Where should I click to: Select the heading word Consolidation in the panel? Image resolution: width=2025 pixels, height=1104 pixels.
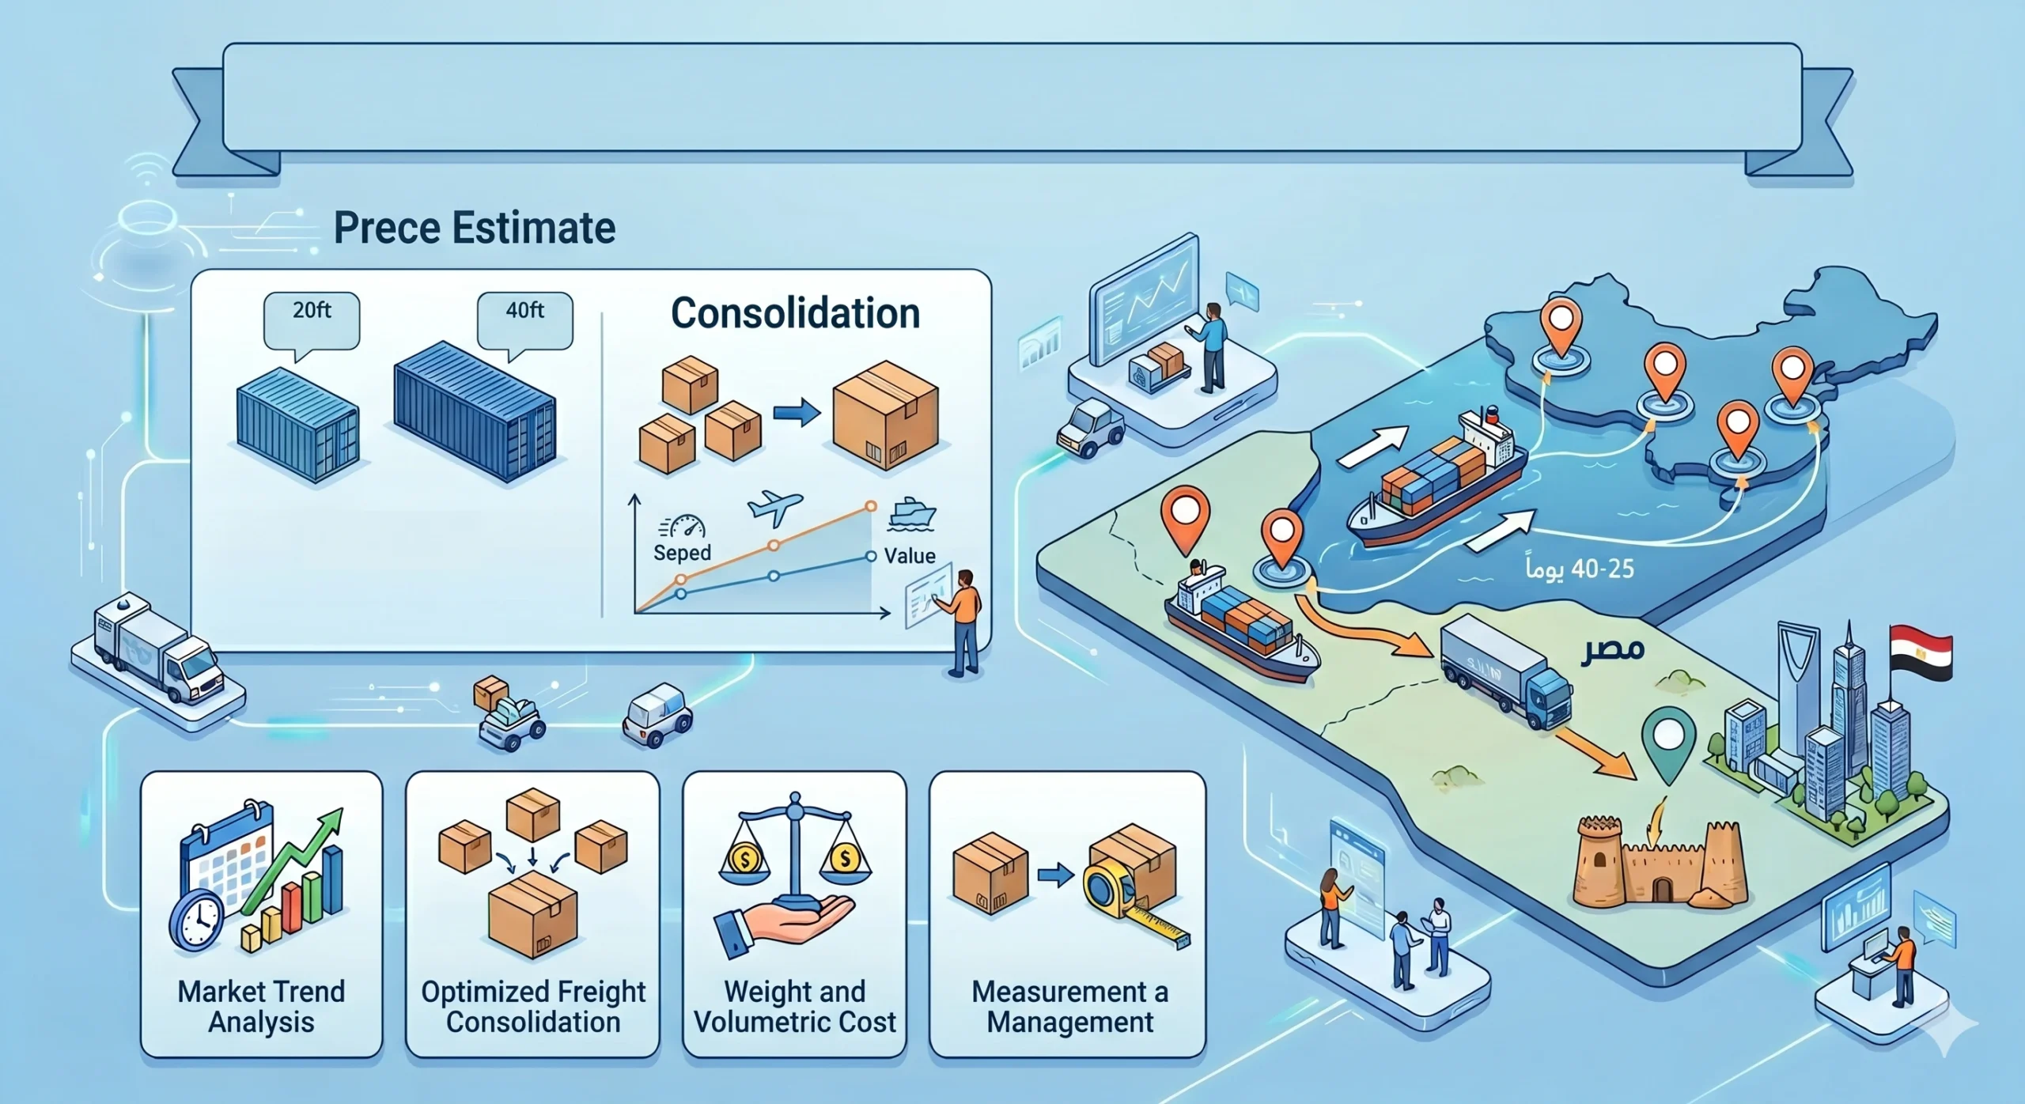[x=795, y=313]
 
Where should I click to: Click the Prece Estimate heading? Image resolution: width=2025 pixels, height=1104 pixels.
[x=475, y=229]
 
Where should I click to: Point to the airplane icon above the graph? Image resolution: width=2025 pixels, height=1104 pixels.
[x=774, y=508]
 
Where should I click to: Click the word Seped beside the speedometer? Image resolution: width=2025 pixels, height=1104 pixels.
[x=682, y=552]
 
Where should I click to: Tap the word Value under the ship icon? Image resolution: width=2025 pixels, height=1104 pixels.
[x=910, y=556]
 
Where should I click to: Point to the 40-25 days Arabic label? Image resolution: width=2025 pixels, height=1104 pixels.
[x=1580, y=569]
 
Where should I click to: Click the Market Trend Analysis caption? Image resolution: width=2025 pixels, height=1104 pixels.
[x=261, y=1006]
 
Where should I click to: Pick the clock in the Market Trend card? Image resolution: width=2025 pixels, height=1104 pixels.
[x=196, y=919]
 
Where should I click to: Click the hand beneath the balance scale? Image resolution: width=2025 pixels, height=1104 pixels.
[x=784, y=925]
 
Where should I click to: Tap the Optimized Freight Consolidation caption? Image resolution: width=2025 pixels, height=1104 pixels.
[x=533, y=1006]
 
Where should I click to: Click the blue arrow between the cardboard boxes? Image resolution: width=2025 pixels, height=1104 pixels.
[x=1055, y=876]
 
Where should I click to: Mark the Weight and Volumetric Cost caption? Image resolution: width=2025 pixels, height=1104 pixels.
[x=795, y=1006]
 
